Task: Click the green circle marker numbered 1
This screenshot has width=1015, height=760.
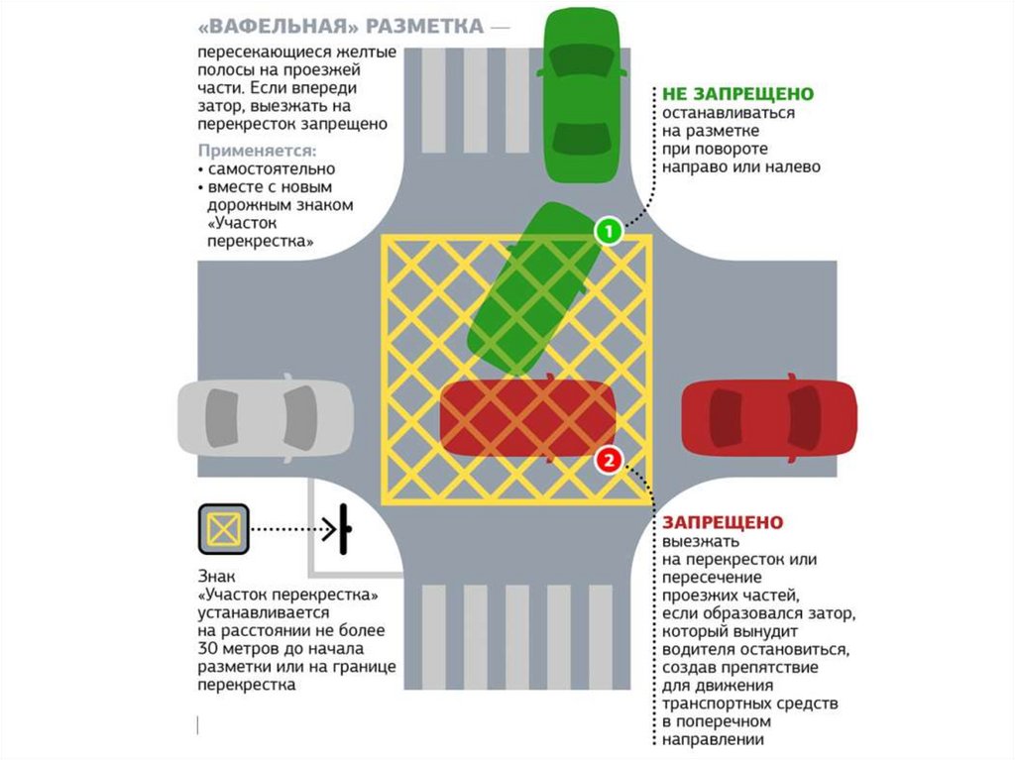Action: click(608, 232)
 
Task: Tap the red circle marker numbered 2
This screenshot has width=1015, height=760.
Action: click(609, 460)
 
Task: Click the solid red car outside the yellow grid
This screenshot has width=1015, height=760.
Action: click(769, 418)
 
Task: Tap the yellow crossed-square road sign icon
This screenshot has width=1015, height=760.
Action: click(225, 528)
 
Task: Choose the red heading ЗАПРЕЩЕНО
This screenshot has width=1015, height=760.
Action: click(724, 522)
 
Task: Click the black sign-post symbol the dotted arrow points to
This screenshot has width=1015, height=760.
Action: click(344, 528)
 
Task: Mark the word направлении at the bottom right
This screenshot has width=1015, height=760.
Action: click(710, 739)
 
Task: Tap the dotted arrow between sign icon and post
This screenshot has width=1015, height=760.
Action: click(293, 528)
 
